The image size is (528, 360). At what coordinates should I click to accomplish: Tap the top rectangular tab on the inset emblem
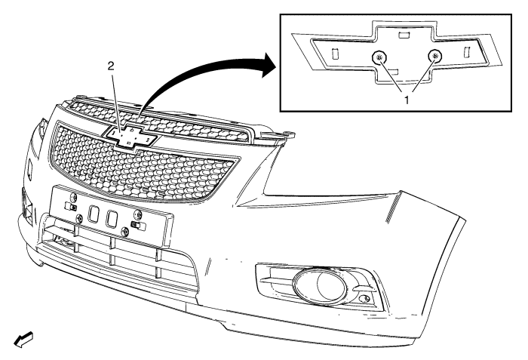coord(404,34)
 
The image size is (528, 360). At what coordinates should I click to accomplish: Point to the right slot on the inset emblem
coord(466,51)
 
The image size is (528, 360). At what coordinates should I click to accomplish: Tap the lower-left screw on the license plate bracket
coord(79,218)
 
